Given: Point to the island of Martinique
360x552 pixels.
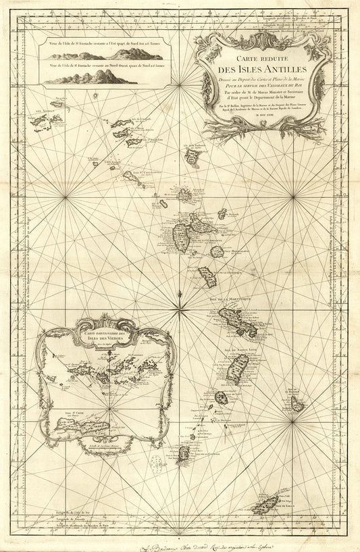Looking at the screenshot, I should [238, 322].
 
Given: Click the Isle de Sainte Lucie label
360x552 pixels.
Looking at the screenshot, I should [237, 349].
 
